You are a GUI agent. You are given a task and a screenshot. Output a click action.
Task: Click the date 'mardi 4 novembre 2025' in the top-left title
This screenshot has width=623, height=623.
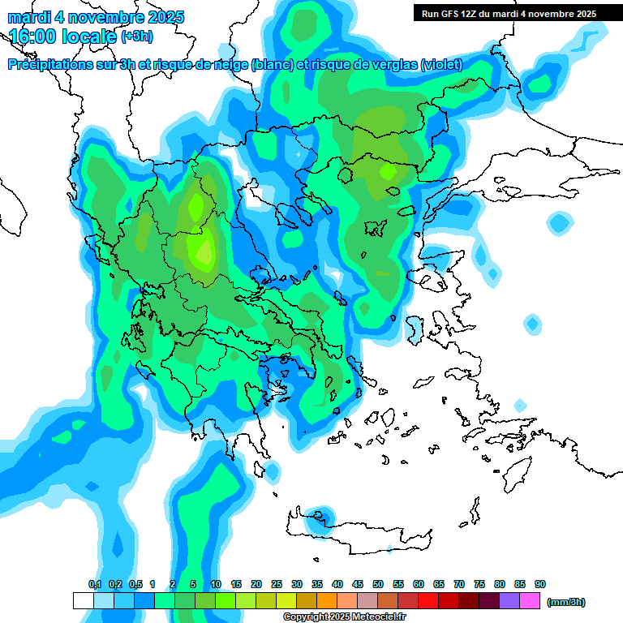[97, 17]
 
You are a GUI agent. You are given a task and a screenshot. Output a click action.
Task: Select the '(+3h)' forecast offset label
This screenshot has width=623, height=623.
[136, 37]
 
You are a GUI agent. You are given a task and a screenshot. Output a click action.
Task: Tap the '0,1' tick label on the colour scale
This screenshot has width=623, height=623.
[94, 584]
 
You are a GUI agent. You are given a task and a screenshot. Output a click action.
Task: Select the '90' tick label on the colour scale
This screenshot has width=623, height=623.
[540, 584]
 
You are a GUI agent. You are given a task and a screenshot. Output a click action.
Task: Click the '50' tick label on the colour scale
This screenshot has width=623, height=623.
[378, 584]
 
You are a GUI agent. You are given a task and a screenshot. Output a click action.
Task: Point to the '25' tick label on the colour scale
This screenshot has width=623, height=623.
[277, 584]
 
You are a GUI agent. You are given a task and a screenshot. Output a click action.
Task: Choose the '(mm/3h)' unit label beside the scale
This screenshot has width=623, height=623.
[566, 602]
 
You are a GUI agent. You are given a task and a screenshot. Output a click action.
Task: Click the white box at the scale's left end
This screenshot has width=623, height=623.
[84, 600]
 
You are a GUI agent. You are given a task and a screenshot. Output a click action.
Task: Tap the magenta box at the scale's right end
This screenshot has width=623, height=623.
[530, 600]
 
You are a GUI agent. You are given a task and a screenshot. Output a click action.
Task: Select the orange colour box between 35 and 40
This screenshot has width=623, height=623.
[327, 600]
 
